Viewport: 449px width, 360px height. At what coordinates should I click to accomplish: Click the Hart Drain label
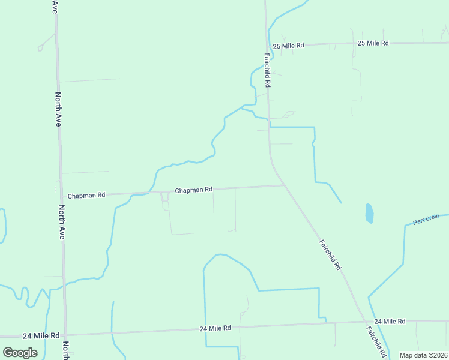[x=426, y=221]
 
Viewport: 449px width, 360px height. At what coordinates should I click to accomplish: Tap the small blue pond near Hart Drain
[x=369, y=213]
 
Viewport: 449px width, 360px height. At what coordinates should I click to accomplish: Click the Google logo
[x=20, y=353]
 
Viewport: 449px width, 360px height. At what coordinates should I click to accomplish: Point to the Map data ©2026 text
[x=423, y=355]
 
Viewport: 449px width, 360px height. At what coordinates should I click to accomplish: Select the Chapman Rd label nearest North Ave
[x=86, y=196]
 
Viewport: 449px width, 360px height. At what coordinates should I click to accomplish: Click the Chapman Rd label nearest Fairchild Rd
[x=193, y=190]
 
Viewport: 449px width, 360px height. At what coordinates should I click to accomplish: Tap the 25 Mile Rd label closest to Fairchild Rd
[x=289, y=46]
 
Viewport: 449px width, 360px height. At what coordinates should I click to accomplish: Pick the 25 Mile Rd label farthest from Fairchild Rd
[x=373, y=43]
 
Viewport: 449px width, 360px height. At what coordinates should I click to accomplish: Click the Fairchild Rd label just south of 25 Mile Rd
[x=267, y=71]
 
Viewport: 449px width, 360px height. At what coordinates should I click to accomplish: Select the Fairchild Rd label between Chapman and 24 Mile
[x=330, y=255]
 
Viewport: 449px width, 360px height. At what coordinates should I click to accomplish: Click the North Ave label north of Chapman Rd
[x=58, y=109]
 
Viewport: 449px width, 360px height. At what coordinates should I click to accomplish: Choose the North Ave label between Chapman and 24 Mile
[x=62, y=223]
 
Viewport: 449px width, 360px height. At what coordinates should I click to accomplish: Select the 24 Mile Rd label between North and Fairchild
[x=215, y=329]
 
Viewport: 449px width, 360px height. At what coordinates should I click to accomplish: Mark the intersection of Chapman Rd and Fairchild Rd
[x=285, y=185]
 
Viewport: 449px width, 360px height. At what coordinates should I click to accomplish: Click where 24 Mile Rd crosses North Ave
[x=65, y=334]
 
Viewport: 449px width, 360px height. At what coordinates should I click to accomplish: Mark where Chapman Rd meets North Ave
[x=61, y=196]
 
